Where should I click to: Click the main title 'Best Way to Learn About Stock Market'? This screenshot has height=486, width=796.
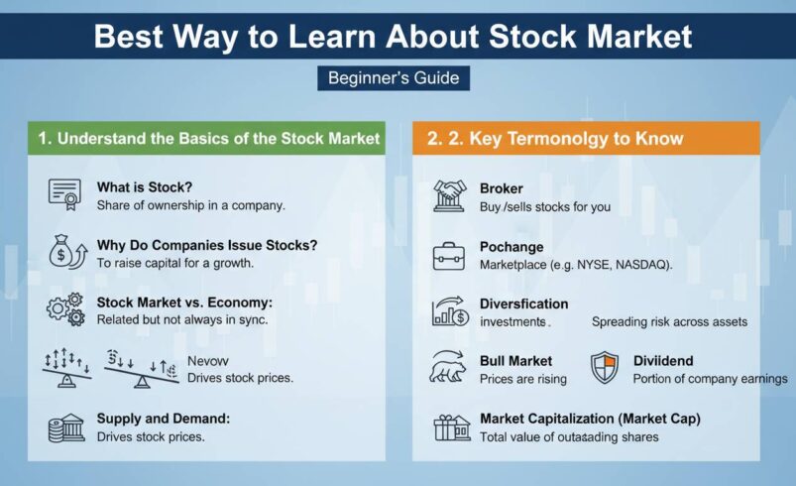point(394,37)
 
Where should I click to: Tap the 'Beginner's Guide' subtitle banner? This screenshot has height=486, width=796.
point(394,77)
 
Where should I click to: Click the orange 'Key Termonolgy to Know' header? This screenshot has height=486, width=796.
point(555,139)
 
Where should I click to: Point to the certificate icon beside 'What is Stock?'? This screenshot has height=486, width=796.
point(64,193)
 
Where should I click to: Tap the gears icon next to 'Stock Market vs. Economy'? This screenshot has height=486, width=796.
point(65,306)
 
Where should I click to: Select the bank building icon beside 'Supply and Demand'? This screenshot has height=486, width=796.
point(65,427)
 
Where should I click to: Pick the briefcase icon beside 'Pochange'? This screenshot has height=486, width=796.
point(449,255)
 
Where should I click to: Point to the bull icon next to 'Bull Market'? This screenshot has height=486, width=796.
point(449,367)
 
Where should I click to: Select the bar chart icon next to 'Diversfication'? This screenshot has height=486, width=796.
point(449,311)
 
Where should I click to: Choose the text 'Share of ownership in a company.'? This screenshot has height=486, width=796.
point(191,205)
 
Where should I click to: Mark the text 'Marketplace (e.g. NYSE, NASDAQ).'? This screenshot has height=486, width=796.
point(576,266)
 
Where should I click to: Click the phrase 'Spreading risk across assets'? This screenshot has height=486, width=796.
point(670,322)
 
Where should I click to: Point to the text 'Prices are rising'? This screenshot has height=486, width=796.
point(523,379)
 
